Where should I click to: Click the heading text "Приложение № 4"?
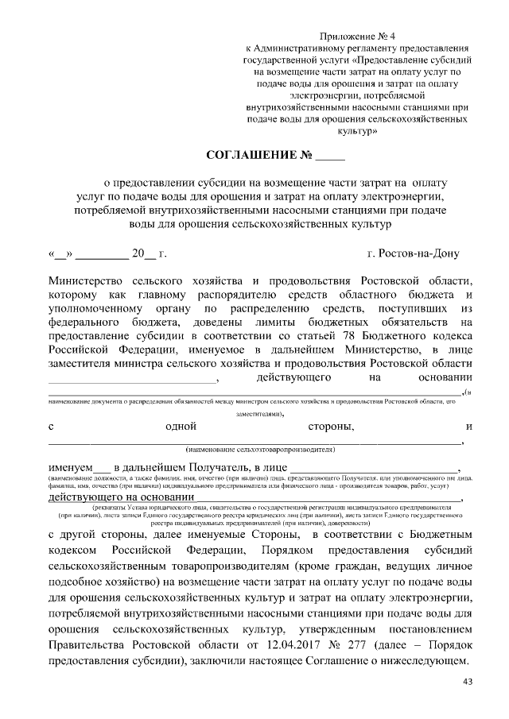[357, 37]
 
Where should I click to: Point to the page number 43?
[467, 682]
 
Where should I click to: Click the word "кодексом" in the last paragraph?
[74, 551]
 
